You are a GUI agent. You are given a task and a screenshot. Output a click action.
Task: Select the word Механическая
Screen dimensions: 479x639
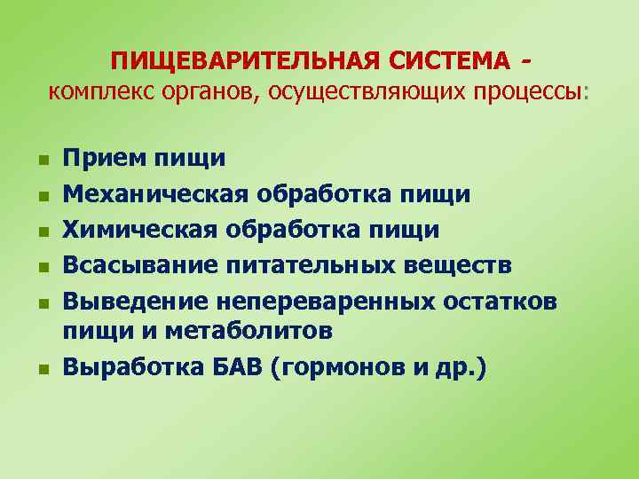click(x=156, y=193)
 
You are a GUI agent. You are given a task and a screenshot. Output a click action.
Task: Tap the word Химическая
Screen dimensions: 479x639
click(x=140, y=230)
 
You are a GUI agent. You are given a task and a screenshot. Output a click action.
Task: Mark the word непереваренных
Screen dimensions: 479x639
click(x=311, y=301)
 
